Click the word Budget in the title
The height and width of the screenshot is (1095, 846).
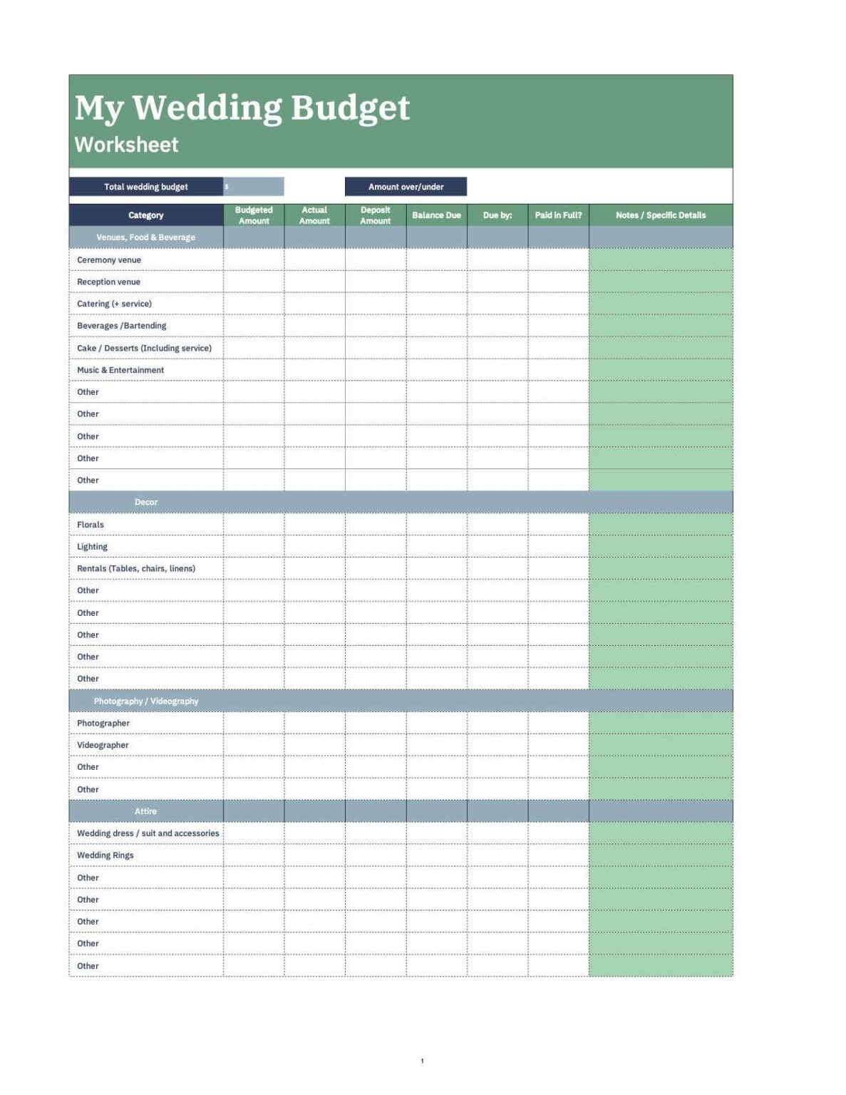[350, 108]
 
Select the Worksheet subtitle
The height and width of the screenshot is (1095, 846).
[126, 145]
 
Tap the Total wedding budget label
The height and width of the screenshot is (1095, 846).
[145, 187]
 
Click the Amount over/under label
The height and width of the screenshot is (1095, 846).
[406, 187]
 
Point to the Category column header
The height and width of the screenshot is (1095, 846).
[145, 215]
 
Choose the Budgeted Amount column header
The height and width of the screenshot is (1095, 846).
[254, 215]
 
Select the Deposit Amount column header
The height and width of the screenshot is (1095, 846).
[376, 215]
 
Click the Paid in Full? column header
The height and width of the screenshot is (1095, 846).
[558, 215]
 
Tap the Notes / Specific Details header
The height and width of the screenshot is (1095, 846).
[661, 215]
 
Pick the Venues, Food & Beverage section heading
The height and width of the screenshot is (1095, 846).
[145, 237]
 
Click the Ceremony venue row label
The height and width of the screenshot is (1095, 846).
[109, 260]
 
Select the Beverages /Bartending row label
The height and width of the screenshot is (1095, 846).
[121, 326]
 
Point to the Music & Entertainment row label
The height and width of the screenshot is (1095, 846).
[120, 370]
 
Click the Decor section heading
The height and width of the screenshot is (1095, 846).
[145, 503]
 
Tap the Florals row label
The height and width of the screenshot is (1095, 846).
[91, 525]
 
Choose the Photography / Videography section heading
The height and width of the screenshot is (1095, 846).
[146, 701]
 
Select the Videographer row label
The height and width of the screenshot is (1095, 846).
[103, 745]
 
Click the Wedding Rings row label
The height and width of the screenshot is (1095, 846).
[105, 855]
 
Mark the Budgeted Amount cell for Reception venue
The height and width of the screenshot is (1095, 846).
[254, 282]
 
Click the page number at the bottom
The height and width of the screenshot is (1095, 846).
[422, 1061]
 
